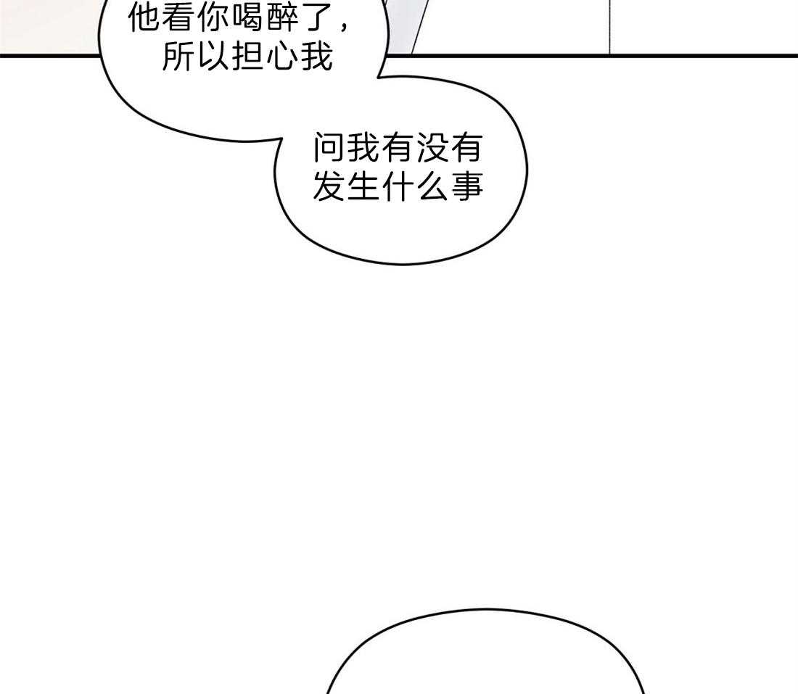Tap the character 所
click(x=178, y=57)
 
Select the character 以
click(x=213, y=57)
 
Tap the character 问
click(x=329, y=149)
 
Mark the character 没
click(x=432, y=149)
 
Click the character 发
click(x=329, y=186)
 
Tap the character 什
click(x=398, y=186)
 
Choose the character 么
click(x=432, y=186)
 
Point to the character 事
click(x=467, y=186)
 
